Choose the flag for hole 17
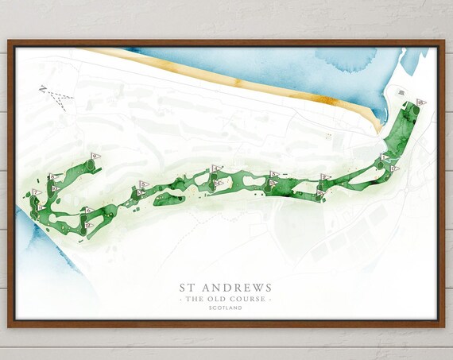[x=392, y=168]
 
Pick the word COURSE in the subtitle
[x=247, y=299]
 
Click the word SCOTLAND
[x=226, y=308]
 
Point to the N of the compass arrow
[x=43, y=89]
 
